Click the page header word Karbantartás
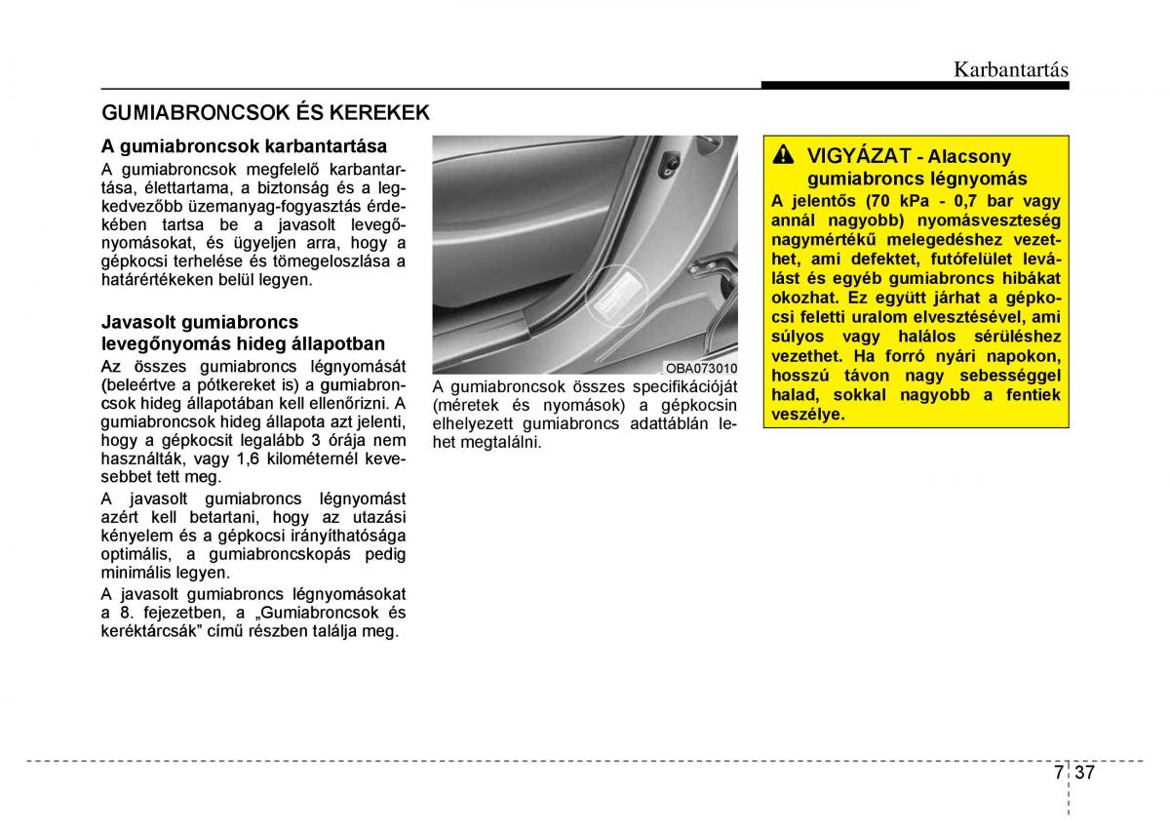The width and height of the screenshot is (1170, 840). [x=1010, y=70]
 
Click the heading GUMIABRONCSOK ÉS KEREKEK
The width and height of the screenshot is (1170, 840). [x=265, y=112]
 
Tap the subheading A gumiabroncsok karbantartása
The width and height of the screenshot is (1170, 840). [x=244, y=146]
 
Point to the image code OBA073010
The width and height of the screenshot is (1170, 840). [x=701, y=369]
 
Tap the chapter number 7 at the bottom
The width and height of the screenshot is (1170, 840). [x=1059, y=773]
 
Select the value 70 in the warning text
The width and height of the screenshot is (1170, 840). [x=869, y=201]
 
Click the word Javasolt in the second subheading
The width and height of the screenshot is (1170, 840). [x=137, y=322]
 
